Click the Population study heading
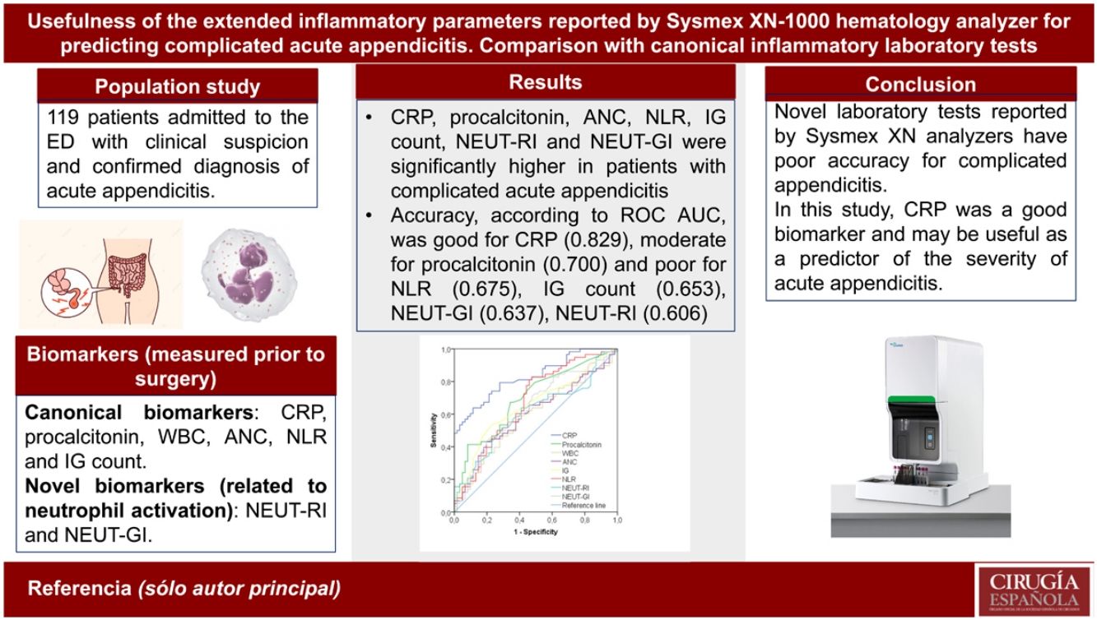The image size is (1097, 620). click(177, 86)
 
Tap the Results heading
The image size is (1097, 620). click(545, 82)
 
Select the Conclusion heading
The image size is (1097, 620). click(920, 85)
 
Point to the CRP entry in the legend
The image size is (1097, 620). click(567, 434)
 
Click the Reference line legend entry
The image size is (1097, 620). click(583, 505)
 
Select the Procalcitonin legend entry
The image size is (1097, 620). click(580, 443)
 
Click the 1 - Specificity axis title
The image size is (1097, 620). click(534, 532)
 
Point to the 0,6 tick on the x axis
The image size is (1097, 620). click(551, 521)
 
